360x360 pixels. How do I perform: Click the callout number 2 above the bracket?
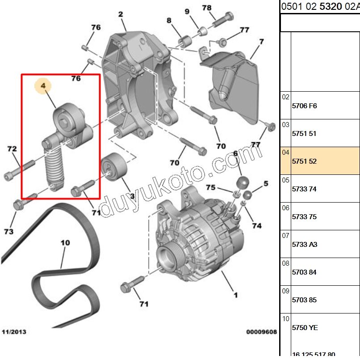(x=121, y=14)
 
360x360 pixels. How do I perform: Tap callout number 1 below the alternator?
(x=235, y=295)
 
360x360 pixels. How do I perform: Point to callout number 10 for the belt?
(x=65, y=243)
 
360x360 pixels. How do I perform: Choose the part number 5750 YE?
(x=305, y=328)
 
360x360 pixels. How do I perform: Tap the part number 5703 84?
(x=304, y=272)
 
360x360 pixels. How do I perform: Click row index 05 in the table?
(x=286, y=180)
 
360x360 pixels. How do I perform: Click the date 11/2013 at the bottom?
(x=14, y=332)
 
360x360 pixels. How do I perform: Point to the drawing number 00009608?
(x=261, y=332)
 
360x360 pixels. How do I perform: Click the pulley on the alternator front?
(x=167, y=260)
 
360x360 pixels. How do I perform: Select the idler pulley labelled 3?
(x=113, y=164)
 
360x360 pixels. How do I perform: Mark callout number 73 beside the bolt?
(x=9, y=232)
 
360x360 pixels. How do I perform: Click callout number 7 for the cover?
(x=262, y=42)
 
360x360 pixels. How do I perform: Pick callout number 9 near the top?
(x=187, y=11)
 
